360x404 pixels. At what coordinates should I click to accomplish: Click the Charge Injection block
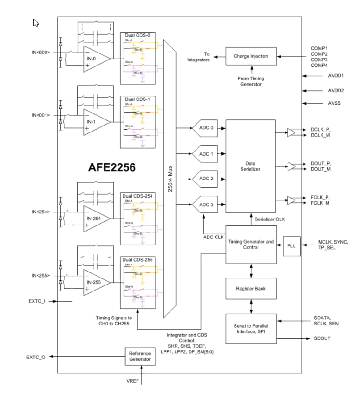tap(250, 56)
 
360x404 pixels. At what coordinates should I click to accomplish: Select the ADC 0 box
tap(206, 128)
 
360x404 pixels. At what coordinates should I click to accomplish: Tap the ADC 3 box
tap(206, 204)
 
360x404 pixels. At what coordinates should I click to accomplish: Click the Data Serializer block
tap(250, 166)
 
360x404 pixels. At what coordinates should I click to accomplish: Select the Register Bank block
tap(250, 288)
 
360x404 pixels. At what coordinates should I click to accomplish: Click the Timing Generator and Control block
tap(250, 245)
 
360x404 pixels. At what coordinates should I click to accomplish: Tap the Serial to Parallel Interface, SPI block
tap(250, 328)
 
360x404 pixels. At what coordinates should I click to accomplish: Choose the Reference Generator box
tap(139, 356)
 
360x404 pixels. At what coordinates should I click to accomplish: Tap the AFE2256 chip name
tap(111, 167)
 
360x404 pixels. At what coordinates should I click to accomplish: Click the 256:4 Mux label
tap(170, 179)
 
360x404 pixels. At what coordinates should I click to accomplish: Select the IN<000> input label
tap(40, 52)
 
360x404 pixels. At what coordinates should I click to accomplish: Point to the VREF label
tap(133, 381)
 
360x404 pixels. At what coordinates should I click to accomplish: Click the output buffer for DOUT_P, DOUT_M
tap(291, 166)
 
